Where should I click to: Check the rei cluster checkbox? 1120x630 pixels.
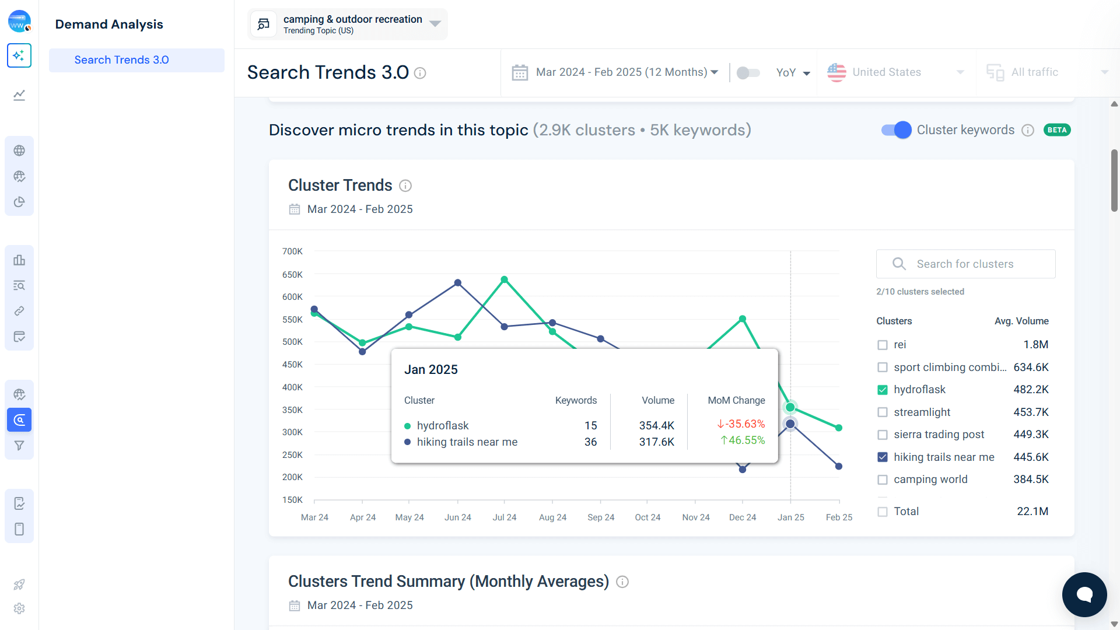[883, 345]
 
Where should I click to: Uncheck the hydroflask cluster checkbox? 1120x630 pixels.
[883, 390]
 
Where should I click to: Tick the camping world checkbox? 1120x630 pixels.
[883, 480]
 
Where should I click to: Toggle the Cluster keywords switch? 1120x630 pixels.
[896, 130]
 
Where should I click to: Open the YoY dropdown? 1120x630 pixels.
[793, 72]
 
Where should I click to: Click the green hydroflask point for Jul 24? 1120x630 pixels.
[505, 279]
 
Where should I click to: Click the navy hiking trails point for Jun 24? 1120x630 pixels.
[458, 283]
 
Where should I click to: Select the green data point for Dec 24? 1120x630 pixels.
[743, 319]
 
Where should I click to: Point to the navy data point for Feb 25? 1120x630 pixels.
[839, 466]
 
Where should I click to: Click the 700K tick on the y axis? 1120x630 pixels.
[292, 251]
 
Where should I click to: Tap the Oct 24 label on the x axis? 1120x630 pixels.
[647, 517]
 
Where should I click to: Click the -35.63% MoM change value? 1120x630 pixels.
[741, 424]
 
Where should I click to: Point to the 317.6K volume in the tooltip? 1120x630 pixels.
[656, 442]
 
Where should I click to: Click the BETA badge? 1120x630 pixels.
[1057, 130]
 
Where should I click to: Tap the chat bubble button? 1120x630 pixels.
[1084, 594]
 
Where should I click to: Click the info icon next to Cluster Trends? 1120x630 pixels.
[405, 185]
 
